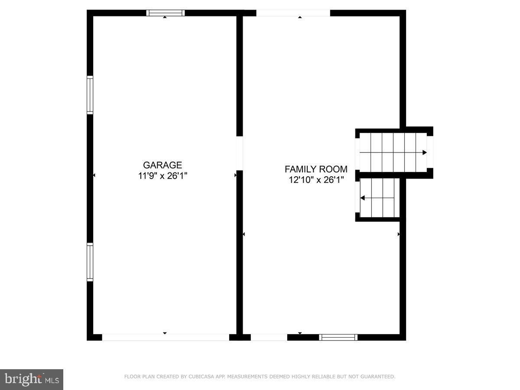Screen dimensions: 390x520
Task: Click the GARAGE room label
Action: coord(162,165)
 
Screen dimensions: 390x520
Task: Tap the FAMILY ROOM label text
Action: coord(316,169)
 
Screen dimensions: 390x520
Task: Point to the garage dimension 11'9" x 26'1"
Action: coord(162,176)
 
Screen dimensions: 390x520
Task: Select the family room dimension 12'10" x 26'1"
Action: coord(316,180)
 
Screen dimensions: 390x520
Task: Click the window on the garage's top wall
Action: coord(166,13)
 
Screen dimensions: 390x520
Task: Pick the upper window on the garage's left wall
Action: coord(90,95)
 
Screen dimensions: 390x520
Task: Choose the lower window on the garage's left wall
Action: coord(90,262)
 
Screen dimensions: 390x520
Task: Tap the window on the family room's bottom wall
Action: coord(338,337)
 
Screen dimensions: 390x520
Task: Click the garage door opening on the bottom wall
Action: coord(166,337)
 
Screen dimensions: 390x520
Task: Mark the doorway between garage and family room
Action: coord(240,153)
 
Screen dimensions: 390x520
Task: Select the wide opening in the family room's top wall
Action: coord(293,13)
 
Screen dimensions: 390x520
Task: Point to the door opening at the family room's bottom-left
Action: coord(269,337)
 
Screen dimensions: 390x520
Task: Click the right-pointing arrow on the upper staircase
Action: coord(425,153)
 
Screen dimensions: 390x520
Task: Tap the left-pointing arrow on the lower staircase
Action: coord(363,198)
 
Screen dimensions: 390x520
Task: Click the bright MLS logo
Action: coord(32,380)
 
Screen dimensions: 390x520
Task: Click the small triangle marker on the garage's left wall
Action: coord(94,175)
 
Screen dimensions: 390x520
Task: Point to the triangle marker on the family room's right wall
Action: coord(399,234)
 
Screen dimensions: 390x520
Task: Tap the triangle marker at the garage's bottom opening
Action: coord(165,333)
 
